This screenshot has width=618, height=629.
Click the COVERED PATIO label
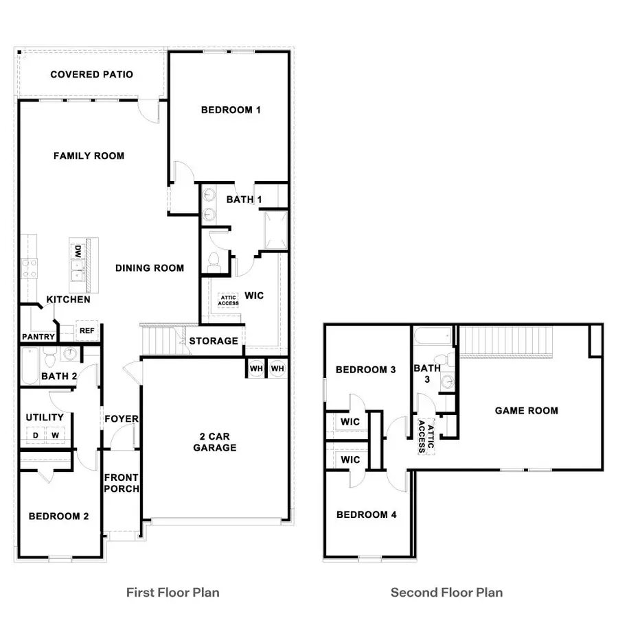[x=91, y=74]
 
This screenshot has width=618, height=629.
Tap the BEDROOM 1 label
[x=231, y=110]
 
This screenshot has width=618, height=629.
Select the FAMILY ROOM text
[x=89, y=156]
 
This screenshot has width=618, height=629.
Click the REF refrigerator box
[x=87, y=331]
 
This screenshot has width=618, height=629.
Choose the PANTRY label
[x=38, y=337]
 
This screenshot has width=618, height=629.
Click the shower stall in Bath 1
[x=276, y=229]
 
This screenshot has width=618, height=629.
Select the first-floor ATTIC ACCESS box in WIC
[x=228, y=300]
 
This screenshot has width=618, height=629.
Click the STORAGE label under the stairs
[x=214, y=341]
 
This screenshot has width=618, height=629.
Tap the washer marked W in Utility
[x=56, y=435]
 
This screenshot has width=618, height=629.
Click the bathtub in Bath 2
[x=30, y=366]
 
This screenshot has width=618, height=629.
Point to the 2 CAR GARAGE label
[x=214, y=442]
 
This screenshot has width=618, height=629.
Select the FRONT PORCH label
[x=122, y=483]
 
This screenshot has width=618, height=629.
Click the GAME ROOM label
[x=526, y=411]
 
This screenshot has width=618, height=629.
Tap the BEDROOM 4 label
[x=366, y=514]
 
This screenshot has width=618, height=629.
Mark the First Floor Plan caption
[x=173, y=592]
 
